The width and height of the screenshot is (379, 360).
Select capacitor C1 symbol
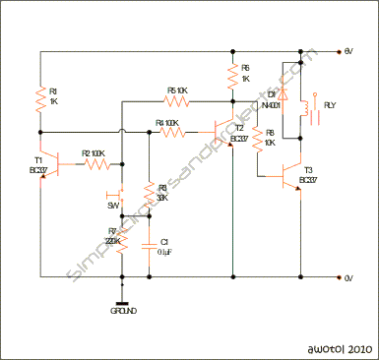pos(149,242)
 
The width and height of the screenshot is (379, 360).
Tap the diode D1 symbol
pos(283,93)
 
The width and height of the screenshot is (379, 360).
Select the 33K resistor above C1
pos(149,193)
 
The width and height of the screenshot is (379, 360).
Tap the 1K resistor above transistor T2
pos(232,74)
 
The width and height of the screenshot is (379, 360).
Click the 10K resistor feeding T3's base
pos(255,140)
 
